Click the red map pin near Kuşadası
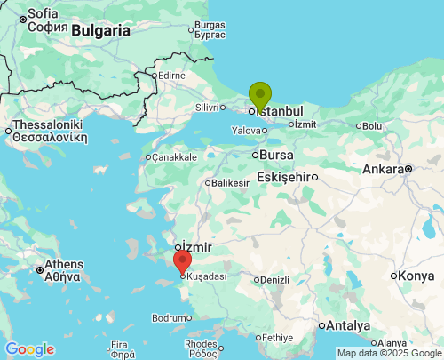pyautogui.click(x=182, y=261)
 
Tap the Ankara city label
pyautogui.click(x=384, y=168)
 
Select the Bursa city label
pyautogui.click(x=277, y=155)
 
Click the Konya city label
pyautogui.click(x=416, y=276)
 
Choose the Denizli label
pyautogui.click(x=275, y=280)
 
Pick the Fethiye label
pyautogui.click(x=277, y=338)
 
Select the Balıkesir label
pyautogui.click(x=229, y=183)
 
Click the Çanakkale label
pyautogui.click(x=175, y=157)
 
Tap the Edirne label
pyautogui.click(x=171, y=76)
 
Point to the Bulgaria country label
pyautogui.click(x=100, y=30)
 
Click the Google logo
pyautogui.click(x=29, y=349)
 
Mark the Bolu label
pyautogui.click(x=372, y=126)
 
